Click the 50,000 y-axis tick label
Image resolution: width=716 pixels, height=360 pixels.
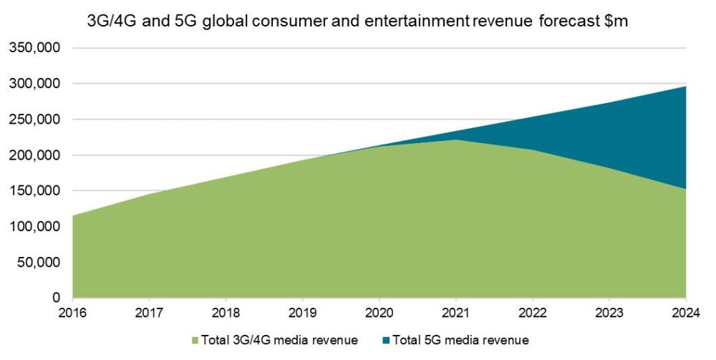[37, 263]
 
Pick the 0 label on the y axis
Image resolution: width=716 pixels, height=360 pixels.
[57, 298]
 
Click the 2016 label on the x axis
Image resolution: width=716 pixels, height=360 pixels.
[73, 312]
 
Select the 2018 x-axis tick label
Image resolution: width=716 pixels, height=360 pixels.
[226, 312]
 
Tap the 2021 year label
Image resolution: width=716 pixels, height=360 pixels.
[456, 312]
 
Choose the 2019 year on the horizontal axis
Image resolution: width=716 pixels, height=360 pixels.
[303, 312]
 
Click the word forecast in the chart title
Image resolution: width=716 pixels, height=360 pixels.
[563, 22]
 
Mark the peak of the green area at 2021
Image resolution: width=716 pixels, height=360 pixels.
[456, 140]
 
